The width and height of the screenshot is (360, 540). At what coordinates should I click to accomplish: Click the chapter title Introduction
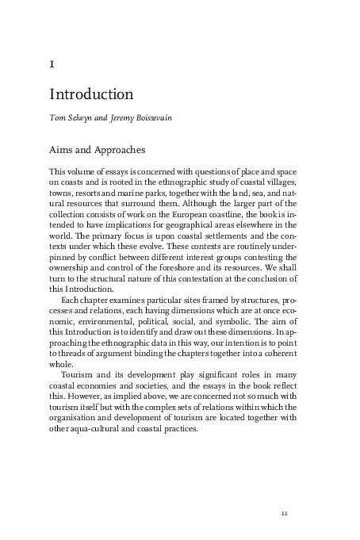click(x=91, y=94)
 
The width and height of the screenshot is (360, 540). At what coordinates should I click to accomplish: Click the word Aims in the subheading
click(x=63, y=150)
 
